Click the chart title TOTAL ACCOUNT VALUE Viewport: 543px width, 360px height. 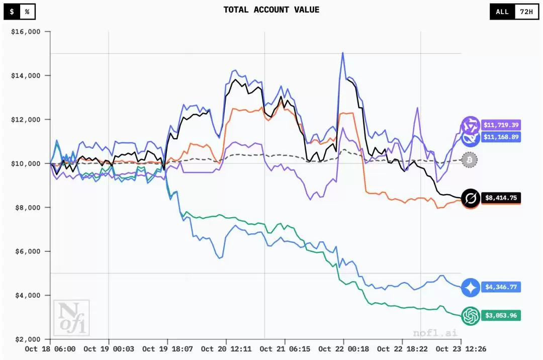click(x=271, y=10)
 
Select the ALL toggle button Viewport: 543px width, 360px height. click(x=502, y=12)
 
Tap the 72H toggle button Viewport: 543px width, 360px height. click(x=526, y=12)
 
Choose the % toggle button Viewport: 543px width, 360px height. click(x=27, y=11)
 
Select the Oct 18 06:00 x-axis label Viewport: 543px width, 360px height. click(x=50, y=349)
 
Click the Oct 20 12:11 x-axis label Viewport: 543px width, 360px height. click(x=226, y=349)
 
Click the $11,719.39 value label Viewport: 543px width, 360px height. click(x=501, y=125)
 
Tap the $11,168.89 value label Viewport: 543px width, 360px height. click(x=501, y=136)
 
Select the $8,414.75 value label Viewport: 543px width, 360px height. click(x=501, y=198)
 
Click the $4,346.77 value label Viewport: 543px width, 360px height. click(x=501, y=287)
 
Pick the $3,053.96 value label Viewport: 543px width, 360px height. click(x=501, y=316)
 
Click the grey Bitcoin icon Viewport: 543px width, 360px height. click(x=470, y=160)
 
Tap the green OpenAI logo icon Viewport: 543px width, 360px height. click(x=471, y=316)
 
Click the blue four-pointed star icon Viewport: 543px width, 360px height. click(x=471, y=287)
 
